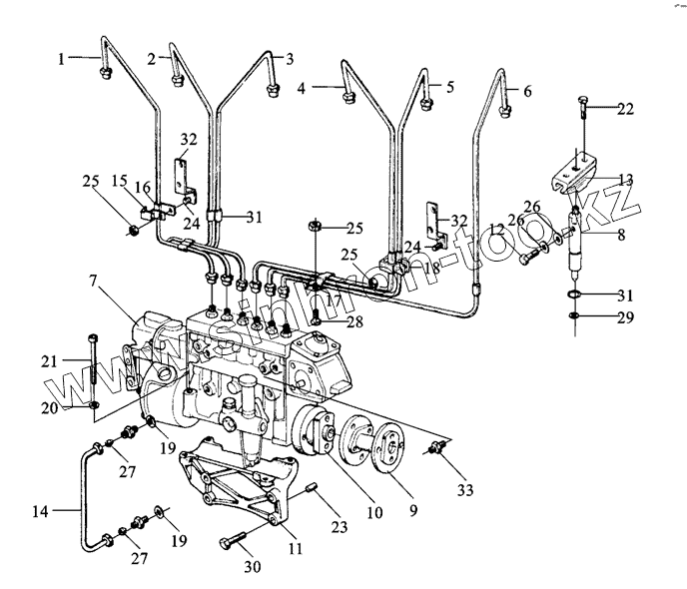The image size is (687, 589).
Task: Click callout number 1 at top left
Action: click(x=61, y=59)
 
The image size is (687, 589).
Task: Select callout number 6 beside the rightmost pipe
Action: click(x=527, y=91)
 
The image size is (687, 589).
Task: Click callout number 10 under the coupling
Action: click(x=373, y=514)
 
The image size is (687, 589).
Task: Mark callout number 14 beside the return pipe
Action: click(x=40, y=513)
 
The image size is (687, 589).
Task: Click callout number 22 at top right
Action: click(x=624, y=110)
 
